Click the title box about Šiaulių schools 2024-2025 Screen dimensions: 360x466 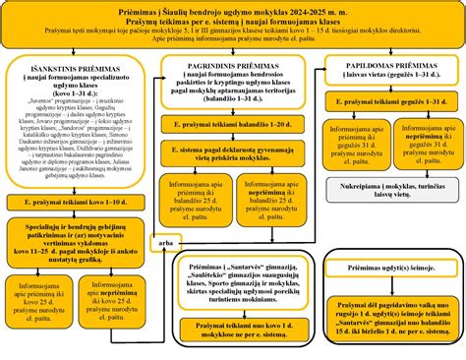click(x=233, y=26)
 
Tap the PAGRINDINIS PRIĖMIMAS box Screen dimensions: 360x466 click(x=233, y=84)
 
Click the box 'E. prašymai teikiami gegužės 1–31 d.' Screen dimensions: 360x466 click(x=392, y=102)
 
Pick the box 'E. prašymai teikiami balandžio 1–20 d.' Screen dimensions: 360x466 click(x=233, y=126)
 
